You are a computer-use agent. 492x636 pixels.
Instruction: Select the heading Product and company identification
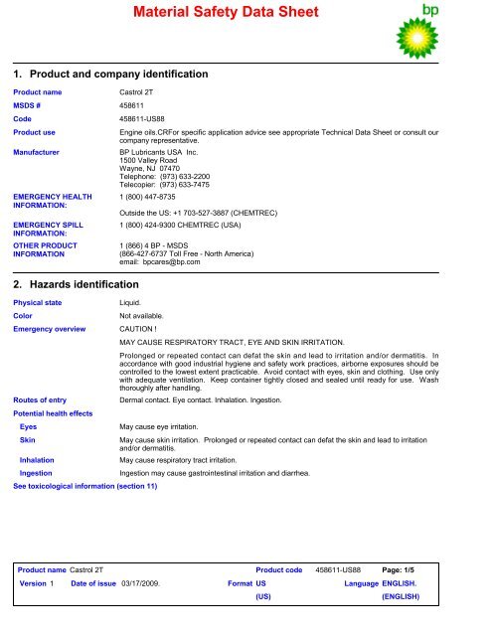tap(117, 75)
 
